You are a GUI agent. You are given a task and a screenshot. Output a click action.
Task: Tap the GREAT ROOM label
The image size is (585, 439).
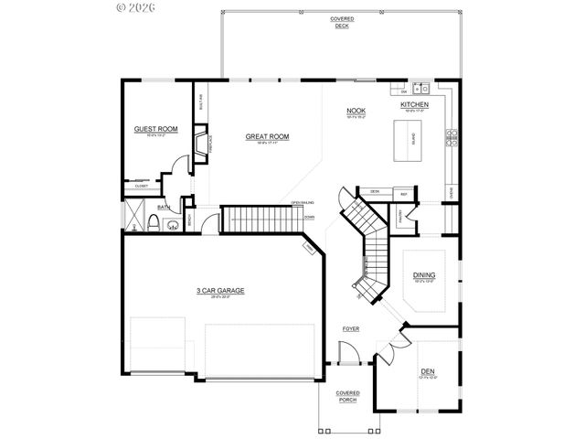pyautogui.click(x=267, y=136)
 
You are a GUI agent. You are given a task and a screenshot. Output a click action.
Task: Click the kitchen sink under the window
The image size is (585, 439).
pyautogui.click(x=425, y=90)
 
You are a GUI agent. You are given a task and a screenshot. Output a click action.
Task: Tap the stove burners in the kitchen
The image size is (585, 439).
pyautogui.click(x=451, y=138)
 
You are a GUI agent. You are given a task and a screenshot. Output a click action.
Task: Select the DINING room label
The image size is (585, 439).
pyautogui.click(x=424, y=275)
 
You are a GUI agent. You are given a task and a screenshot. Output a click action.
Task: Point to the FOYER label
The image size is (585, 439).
pyautogui.click(x=351, y=327)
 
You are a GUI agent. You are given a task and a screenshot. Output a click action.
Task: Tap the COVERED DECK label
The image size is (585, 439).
pyautogui.click(x=342, y=22)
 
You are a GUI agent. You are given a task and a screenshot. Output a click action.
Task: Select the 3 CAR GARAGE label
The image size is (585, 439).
pyautogui.click(x=220, y=292)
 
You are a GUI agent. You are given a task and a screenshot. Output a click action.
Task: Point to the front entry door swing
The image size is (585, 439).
pyautogui.click(x=347, y=352)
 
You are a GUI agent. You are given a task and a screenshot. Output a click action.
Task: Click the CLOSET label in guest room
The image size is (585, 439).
pyautogui.click(x=142, y=186)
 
